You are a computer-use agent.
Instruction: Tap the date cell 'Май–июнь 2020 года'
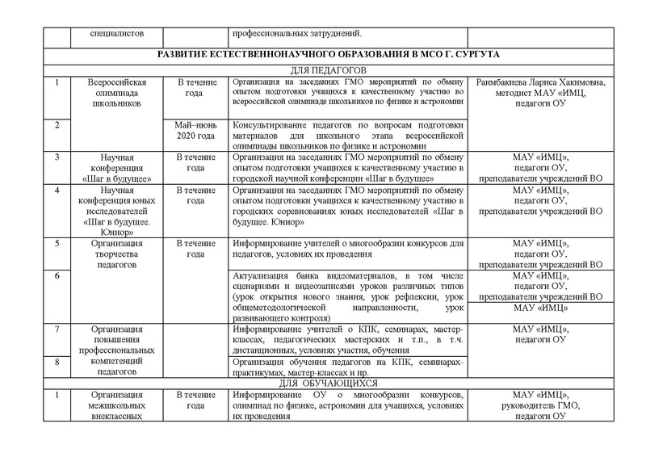[195, 130]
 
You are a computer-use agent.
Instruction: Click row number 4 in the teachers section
[57, 191]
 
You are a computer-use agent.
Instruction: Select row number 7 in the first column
[57, 329]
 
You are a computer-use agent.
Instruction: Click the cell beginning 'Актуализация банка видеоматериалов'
[348, 296]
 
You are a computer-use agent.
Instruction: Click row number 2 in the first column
[57, 125]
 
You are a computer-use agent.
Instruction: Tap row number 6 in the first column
[57, 276]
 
